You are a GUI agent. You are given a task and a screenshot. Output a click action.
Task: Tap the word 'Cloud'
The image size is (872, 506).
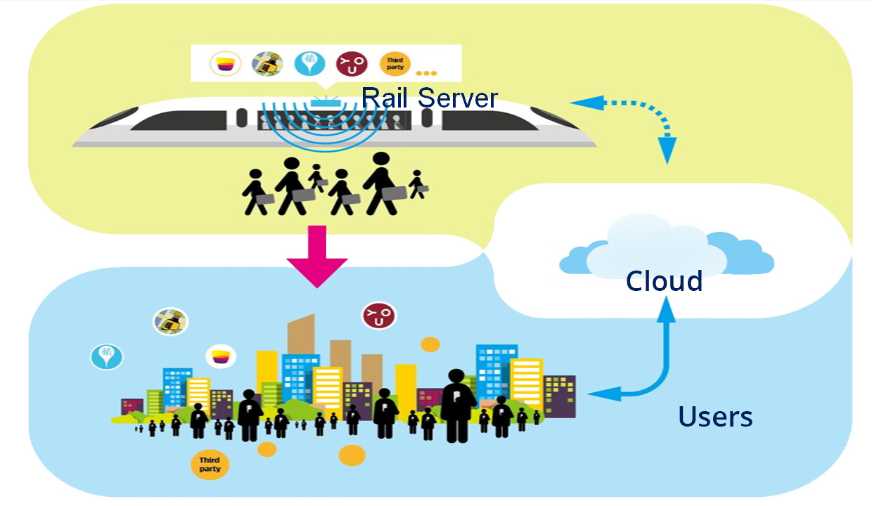[664, 281]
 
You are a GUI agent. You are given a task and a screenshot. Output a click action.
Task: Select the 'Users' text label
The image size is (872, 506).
[715, 417]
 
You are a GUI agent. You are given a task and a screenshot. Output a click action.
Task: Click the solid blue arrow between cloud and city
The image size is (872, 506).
[654, 365]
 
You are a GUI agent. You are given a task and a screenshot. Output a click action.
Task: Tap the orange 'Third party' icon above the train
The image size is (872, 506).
[395, 64]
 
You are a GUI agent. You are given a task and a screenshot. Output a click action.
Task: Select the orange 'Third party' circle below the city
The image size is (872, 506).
[210, 464]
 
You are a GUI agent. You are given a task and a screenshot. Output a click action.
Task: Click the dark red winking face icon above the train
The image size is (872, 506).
[351, 64]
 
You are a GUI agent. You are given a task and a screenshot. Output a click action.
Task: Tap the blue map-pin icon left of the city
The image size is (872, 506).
[106, 356]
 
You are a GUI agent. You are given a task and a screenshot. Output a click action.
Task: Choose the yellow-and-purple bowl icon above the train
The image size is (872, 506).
[225, 64]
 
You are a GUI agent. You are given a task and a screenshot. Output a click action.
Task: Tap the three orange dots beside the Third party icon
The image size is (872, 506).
[426, 72]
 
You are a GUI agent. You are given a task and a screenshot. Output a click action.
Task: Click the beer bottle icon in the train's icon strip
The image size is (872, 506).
[267, 64]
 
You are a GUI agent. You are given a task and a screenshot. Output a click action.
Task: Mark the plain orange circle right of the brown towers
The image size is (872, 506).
[430, 344]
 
